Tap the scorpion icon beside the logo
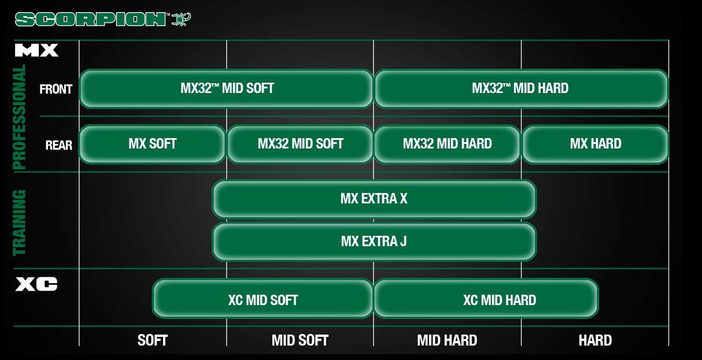point(181,19)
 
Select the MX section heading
point(36,51)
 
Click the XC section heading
point(36,284)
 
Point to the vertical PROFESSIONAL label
point(20,117)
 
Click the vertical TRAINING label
point(20,222)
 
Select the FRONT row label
point(56,90)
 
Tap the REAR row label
point(58,145)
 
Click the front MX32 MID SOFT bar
point(226,88)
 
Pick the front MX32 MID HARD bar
point(520,88)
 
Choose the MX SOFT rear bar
point(152,144)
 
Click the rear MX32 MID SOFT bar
point(300,144)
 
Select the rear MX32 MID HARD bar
point(447,144)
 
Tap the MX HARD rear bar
point(595,144)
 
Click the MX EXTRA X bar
point(374,199)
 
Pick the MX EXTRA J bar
point(374,241)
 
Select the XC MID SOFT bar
point(263,300)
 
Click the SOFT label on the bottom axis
point(153,340)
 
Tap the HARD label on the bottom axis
point(595,340)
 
